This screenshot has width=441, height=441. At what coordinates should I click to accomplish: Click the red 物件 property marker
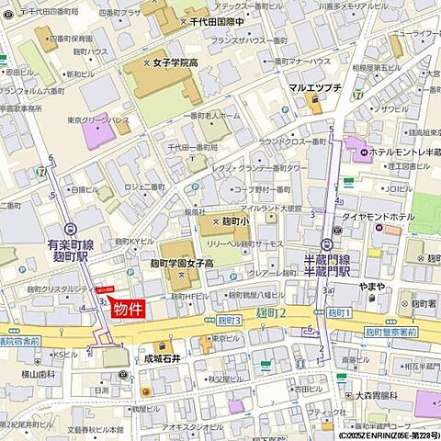[x=130, y=310]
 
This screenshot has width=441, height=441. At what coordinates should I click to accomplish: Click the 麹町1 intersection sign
[x=341, y=314]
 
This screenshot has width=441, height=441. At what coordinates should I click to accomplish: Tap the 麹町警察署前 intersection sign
[x=390, y=330]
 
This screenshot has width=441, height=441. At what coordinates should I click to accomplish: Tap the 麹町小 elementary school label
[x=232, y=222]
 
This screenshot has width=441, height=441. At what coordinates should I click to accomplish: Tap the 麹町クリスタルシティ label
[x=51, y=288]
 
